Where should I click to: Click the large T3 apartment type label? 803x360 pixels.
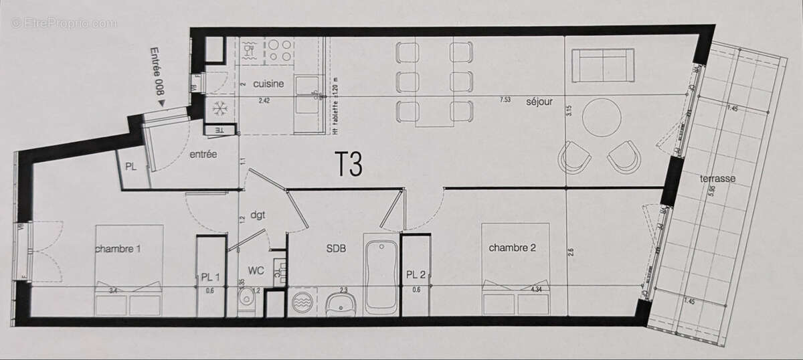[x=349, y=165]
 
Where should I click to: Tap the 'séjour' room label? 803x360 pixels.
[x=539, y=102]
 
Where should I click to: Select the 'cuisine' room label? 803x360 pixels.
[x=268, y=84]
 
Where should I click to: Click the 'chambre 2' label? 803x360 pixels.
[x=512, y=248]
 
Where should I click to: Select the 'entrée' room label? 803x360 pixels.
[x=203, y=154]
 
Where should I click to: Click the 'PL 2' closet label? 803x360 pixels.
[x=416, y=273]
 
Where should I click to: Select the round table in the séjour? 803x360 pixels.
[x=602, y=118]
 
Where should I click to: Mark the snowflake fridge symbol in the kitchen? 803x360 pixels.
[x=219, y=108]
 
